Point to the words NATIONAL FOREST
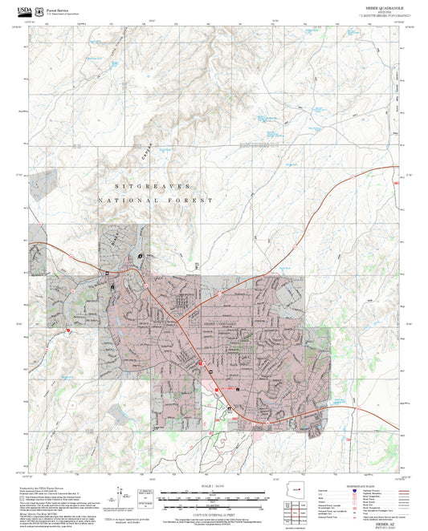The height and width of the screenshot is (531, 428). [157, 201]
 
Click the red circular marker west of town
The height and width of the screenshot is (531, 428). [68, 329]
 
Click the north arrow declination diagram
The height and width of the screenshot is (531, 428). [123, 494]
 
